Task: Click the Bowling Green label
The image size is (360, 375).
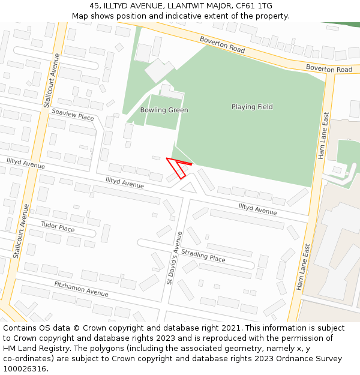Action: point(164,110)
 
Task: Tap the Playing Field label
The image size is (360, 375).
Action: point(252,107)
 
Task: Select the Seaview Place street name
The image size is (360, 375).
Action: point(73,115)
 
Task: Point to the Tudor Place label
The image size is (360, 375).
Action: point(58,227)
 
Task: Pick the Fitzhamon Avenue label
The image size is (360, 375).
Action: point(81,289)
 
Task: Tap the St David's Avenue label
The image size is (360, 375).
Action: point(174,258)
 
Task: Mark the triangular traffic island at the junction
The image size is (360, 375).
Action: point(188,188)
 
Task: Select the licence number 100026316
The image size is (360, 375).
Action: point(25,369)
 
